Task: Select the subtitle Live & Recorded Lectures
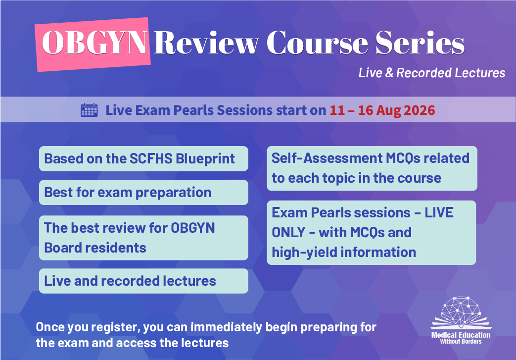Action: click(432, 73)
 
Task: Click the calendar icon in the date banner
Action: click(89, 110)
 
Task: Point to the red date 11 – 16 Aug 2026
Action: click(382, 110)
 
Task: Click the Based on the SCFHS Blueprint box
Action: click(143, 159)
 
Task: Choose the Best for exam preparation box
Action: click(143, 193)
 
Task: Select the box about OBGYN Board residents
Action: click(143, 238)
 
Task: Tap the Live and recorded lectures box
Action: click(143, 281)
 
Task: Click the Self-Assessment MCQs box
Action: click(372, 168)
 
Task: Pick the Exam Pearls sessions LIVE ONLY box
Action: click(372, 233)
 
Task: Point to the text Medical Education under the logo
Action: click(461, 335)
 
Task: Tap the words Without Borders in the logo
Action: click(461, 342)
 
